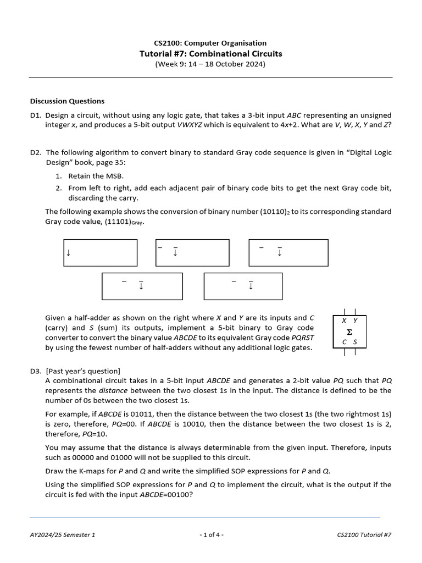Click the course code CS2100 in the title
click(167, 43)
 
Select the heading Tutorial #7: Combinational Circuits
click(210, 54)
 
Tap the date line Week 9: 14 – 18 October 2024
click(210, 64)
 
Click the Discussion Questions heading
click(67, 101)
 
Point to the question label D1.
click(36, 115)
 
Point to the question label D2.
click(36, 152)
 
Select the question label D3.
click(36, 371)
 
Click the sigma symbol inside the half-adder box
click(349, 332)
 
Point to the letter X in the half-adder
click(344, 321)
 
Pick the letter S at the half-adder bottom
click(354, 342)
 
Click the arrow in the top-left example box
click(69, 253)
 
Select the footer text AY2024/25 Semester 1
click(63, 534)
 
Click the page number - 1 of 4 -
click(211, 534)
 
